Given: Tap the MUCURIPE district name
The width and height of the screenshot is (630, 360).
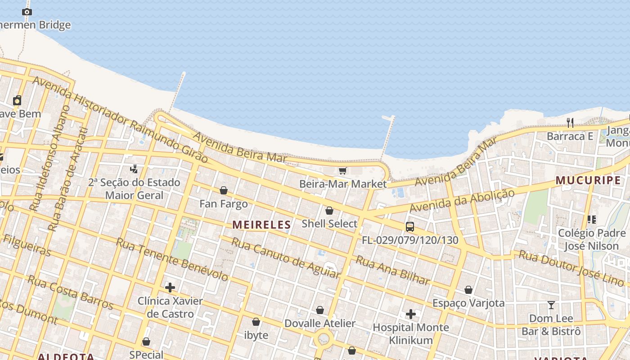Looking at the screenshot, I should coord(588,180).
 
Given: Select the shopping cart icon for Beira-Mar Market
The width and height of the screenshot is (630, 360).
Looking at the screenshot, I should coord(343,171).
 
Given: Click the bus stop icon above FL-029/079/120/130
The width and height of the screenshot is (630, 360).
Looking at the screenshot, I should coord(409,226).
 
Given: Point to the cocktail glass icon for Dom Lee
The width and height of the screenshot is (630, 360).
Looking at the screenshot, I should coord(551,305).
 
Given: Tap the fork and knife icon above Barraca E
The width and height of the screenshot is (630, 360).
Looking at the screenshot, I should coord(570,122).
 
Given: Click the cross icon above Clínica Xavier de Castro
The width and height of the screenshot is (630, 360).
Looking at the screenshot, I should coord(170,288).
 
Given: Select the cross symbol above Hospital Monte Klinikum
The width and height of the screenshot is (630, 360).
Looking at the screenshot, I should coord(410,314).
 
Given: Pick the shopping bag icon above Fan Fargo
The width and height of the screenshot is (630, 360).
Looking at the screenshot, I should coord(224,190).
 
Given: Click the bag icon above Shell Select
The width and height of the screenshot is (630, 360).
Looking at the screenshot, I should coord(329,211).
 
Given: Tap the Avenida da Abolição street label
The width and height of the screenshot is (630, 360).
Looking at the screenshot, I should coord(462,201).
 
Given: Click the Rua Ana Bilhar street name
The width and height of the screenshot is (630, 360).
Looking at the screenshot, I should coord(392,270).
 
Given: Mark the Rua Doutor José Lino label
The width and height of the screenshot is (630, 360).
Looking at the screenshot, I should coord(571,268).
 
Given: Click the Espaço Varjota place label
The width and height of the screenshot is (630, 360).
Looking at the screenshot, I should coord(468,303).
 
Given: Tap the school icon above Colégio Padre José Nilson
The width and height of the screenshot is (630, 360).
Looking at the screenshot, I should coord(591,220).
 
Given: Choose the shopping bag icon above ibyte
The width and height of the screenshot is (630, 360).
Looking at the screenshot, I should coord(256,322).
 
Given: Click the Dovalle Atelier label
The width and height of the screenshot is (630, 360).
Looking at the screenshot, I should coord(320,323).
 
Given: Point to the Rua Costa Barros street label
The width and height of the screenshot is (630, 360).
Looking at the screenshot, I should coord(70,292).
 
